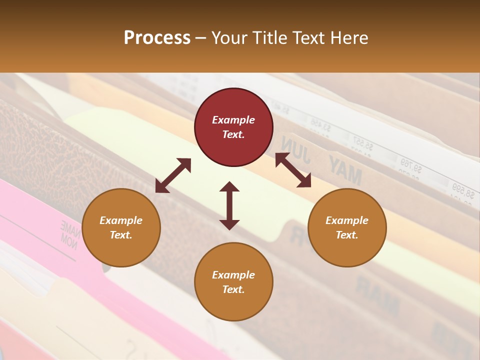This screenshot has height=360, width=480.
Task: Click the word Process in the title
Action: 157,37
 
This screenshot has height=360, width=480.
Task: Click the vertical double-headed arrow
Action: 229,205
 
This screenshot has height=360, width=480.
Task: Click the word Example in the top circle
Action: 233,120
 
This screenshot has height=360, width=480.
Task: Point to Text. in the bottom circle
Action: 233,289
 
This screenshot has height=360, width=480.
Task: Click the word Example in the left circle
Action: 121,220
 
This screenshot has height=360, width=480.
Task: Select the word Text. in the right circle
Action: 347,235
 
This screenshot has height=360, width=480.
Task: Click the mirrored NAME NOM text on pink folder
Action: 70,232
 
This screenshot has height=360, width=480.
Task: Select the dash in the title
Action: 200,38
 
